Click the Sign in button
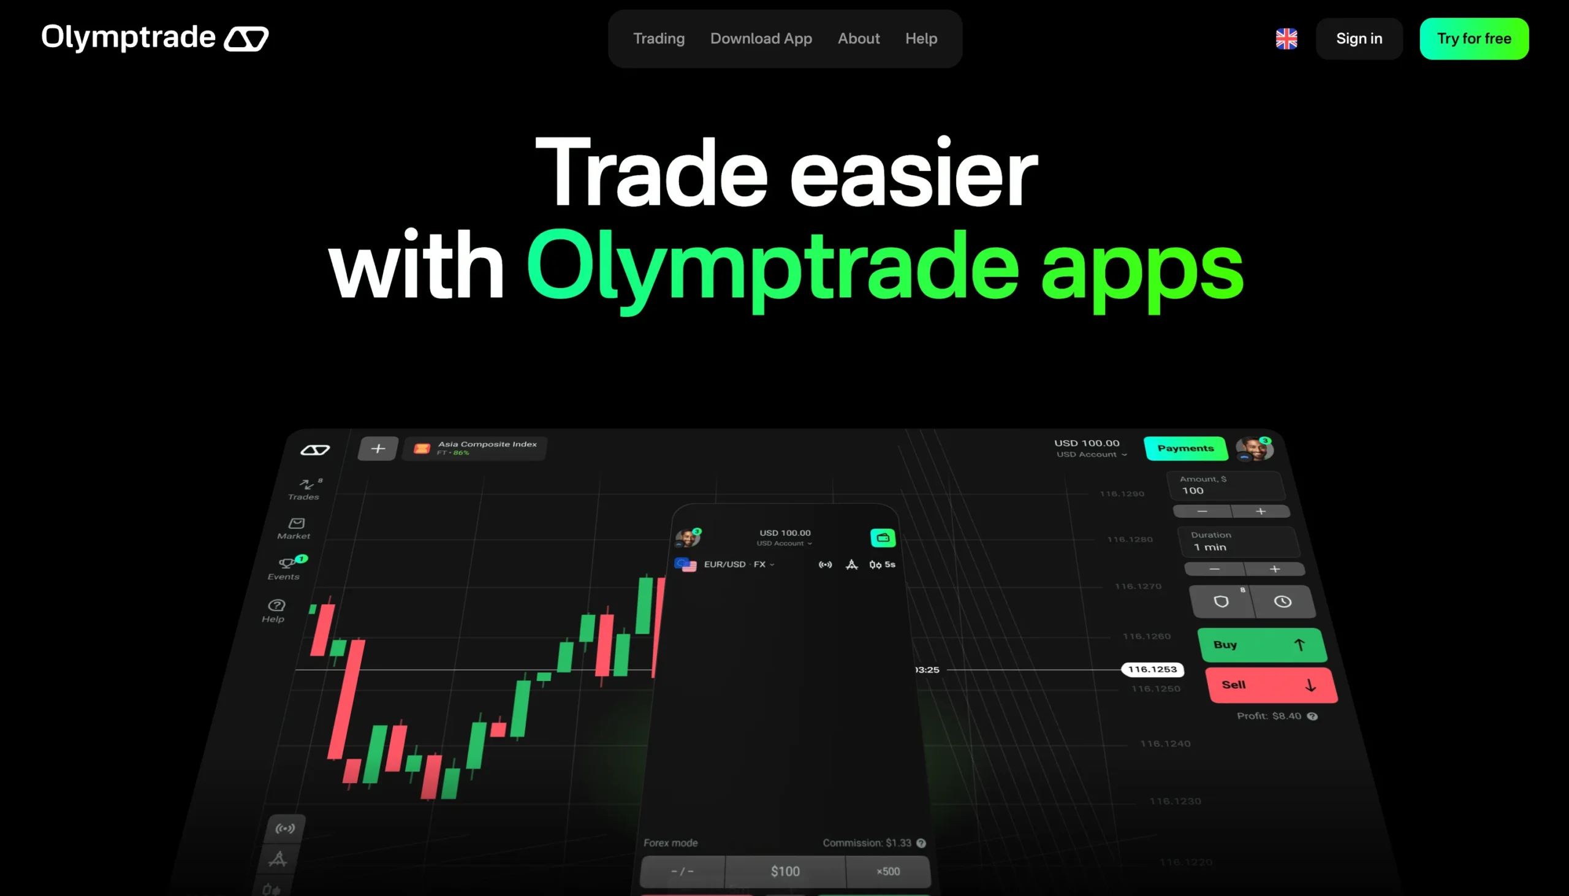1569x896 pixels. (x=1359, y=39)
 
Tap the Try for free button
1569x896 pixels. (x=1473, y=39)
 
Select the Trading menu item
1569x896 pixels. (x=658, y=39)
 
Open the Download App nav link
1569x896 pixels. (x=761, y=39)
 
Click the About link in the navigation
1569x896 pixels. (x=858, y=39)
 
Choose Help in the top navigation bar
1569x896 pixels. (x=921, y=39)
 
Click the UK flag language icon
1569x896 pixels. (x=1286, y=39)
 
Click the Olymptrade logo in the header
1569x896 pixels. (x=154, y=37)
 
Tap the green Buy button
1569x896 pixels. (x=1261, y=644)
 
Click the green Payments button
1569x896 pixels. (x=1185, y=448)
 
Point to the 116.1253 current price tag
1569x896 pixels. (x=1152, y=669)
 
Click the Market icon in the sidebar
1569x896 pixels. (x=295, y=528)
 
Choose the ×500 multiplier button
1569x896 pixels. (x=887, y=871)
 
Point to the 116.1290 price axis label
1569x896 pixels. (x=1121, y=493)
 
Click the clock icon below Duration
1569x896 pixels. (x=1282, y=601)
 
